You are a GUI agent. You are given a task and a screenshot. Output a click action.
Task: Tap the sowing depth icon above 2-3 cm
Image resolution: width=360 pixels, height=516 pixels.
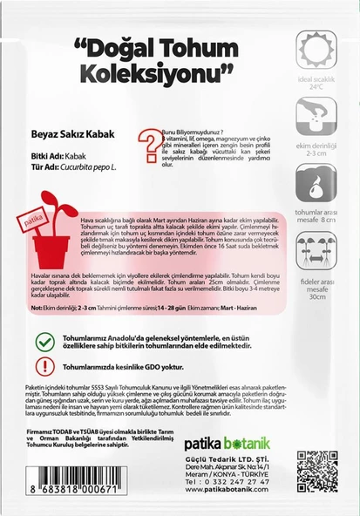click(315, 116)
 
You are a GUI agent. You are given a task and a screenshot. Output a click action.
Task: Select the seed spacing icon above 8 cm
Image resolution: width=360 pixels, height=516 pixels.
click(315, 183)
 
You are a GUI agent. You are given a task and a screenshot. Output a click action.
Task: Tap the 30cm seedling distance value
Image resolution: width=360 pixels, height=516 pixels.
click(315, 298)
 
